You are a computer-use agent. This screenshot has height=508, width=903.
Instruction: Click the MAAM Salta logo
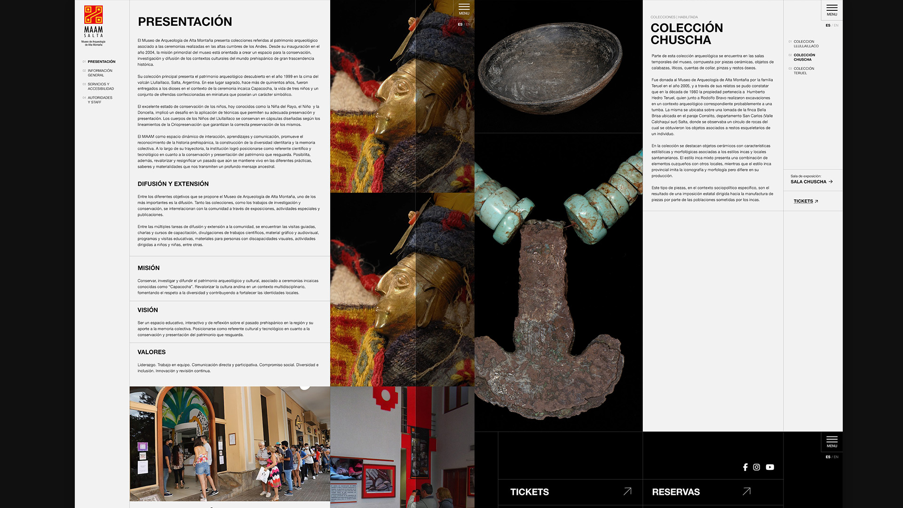click(x=93, y=25)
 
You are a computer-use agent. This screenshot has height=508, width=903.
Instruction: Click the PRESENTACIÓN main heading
click(x=185, y=22)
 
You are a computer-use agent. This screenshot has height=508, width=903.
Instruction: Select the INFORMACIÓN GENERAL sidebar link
click(x=100, y=73)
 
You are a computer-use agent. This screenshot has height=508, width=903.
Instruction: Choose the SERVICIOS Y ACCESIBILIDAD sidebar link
click(x=101, y=87)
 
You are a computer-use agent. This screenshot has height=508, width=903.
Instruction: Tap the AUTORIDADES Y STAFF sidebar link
click(x=100, y=100)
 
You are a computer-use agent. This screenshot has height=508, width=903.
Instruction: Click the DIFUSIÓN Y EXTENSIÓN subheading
click(x=173, y=184)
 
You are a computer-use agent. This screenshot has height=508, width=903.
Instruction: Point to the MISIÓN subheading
click(x=149, y=268)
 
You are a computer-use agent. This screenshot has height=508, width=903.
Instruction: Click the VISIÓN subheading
click(x=148, y=310)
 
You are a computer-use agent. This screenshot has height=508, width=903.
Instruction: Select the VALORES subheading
click(x=151, y=352)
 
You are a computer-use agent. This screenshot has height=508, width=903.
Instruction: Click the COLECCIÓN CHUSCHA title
click(x=686, y=34)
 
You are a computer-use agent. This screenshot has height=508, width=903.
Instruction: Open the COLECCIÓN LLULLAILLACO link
click(x=806, y=44)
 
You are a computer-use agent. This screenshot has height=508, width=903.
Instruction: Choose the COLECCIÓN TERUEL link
click(x=803, y=71)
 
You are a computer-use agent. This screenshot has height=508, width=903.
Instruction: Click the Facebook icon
click(x=745, y=467)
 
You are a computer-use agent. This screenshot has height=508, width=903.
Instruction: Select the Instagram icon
click(x=756, y=467)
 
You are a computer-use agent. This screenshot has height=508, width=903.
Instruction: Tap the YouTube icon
click(x=770, y=467)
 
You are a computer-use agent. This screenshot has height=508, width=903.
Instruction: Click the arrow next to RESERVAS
click(x=746, y=492)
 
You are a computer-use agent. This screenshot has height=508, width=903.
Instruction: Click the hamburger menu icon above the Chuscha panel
click(x=832, y=8)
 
